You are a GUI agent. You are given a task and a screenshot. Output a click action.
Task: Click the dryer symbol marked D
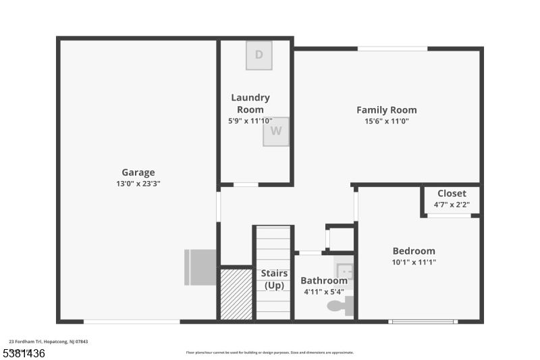(x=259, y=55)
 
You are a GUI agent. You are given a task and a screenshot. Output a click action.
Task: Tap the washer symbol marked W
(x=276, y=131)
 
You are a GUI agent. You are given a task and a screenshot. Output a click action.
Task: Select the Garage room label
(x=138, y=172)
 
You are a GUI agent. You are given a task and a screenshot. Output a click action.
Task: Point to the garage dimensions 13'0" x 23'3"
(x=138, y=183)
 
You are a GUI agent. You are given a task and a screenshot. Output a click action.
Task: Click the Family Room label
(x=387, y=110)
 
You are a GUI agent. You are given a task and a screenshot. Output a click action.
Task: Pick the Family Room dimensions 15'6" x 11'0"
(x=387, y=122)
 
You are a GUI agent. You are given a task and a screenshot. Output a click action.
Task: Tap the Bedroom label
(x=414, y=251)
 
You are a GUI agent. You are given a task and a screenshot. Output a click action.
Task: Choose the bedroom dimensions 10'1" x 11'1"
(x=414, y=262)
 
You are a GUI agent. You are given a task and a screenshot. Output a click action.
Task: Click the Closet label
(x=452, y=193)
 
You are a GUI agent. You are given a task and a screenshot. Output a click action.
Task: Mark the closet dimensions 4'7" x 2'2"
(x=452, y=204)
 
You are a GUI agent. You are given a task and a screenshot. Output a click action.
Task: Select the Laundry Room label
(x=250, y=103)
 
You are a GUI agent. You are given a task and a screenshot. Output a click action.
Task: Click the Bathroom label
(x=324, y=280)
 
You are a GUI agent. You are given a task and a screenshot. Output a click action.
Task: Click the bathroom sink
(x=345, y=272)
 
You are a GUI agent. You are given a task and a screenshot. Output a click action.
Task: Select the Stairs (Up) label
(x=274, y=280)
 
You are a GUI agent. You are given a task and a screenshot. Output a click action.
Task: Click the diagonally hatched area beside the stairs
(x=236, y=294)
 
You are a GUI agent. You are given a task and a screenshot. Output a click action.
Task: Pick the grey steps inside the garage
(x=201, y=267)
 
